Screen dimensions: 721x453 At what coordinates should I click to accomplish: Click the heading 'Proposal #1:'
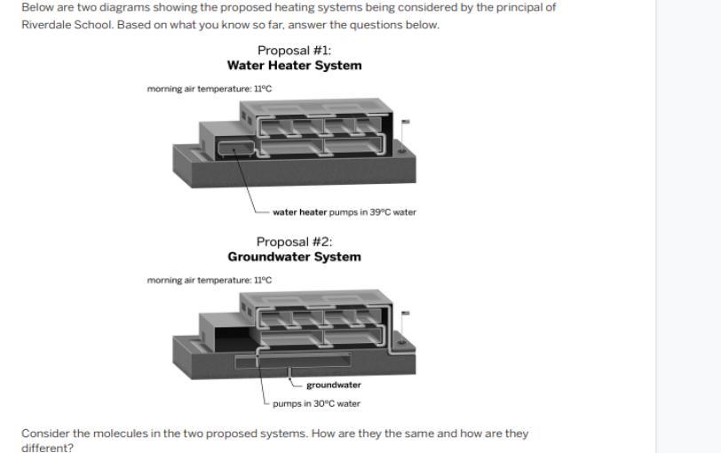click(294, 50)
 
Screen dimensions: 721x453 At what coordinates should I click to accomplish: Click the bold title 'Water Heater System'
click(294, 66)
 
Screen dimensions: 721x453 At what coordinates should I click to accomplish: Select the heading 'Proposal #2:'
click(294, 242)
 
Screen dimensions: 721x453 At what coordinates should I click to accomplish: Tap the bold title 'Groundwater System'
click(294, 257)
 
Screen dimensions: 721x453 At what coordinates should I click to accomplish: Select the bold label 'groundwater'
click(334, 385)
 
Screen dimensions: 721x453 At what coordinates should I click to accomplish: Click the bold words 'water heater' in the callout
click(300, 212)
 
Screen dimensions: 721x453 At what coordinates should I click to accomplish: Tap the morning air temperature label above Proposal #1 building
click(210, 89)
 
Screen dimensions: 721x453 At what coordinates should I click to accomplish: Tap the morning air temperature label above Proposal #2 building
click(210, 280)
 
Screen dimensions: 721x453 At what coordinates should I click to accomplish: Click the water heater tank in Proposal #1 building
click(236, 148)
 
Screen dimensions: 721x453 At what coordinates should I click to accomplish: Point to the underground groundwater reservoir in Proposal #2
click(293, 361)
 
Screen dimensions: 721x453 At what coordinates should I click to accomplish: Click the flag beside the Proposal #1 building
click(405, 122)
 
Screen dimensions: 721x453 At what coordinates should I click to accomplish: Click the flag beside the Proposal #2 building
click(405, 314)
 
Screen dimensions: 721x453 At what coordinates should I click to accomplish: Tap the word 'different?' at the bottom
click(47, 448)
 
